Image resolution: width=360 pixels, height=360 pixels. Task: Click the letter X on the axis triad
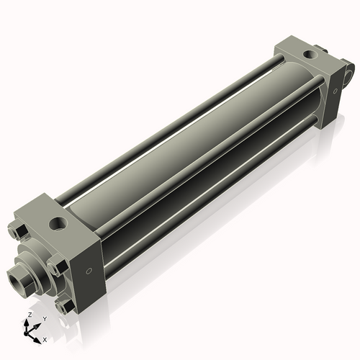(45, 340)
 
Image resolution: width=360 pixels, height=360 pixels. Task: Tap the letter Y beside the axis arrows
(45, 319)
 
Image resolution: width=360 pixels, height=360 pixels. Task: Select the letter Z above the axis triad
(30, 315)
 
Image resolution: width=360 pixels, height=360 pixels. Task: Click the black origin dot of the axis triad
(26, 333)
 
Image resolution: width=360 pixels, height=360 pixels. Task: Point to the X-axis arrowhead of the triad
(37, 341)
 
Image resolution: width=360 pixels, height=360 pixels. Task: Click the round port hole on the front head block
(58, 223)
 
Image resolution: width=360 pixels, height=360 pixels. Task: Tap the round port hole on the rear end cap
(310, 54)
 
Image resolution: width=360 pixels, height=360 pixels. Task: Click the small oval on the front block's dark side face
(89, 271)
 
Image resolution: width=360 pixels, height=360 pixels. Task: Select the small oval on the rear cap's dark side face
(336, 91)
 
